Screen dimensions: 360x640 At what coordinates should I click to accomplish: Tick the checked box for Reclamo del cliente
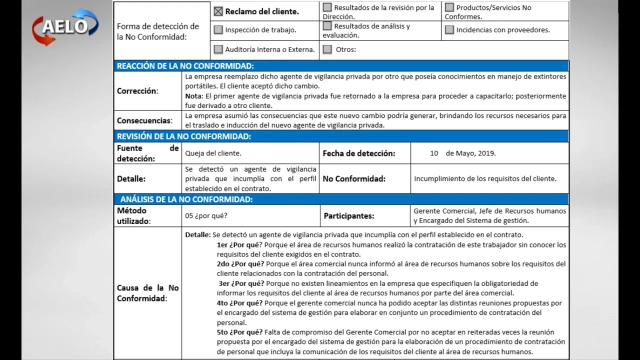218,11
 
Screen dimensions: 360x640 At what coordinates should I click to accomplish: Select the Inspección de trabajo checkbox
218,29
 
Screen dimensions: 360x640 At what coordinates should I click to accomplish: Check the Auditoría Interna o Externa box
218,49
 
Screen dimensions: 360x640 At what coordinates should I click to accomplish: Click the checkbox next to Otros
327,49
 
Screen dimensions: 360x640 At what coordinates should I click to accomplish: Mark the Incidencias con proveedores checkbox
449,29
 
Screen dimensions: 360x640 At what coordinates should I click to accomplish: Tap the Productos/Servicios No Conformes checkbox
449,7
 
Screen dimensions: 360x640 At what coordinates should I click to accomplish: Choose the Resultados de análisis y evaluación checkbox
327,26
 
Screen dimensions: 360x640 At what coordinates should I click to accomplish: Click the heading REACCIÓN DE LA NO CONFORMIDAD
185,66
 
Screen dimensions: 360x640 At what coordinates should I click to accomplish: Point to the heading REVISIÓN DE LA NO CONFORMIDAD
184,136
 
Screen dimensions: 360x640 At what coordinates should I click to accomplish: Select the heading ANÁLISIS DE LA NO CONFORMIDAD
186,199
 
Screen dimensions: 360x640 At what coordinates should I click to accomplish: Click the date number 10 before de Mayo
434,153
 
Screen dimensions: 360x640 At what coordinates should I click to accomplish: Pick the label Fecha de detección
358,153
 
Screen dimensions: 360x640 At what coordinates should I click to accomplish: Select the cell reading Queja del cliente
213,153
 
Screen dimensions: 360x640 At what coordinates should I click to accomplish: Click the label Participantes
349,216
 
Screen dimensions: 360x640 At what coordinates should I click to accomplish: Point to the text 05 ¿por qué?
206,216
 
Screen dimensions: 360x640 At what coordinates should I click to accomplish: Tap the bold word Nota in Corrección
193,96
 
